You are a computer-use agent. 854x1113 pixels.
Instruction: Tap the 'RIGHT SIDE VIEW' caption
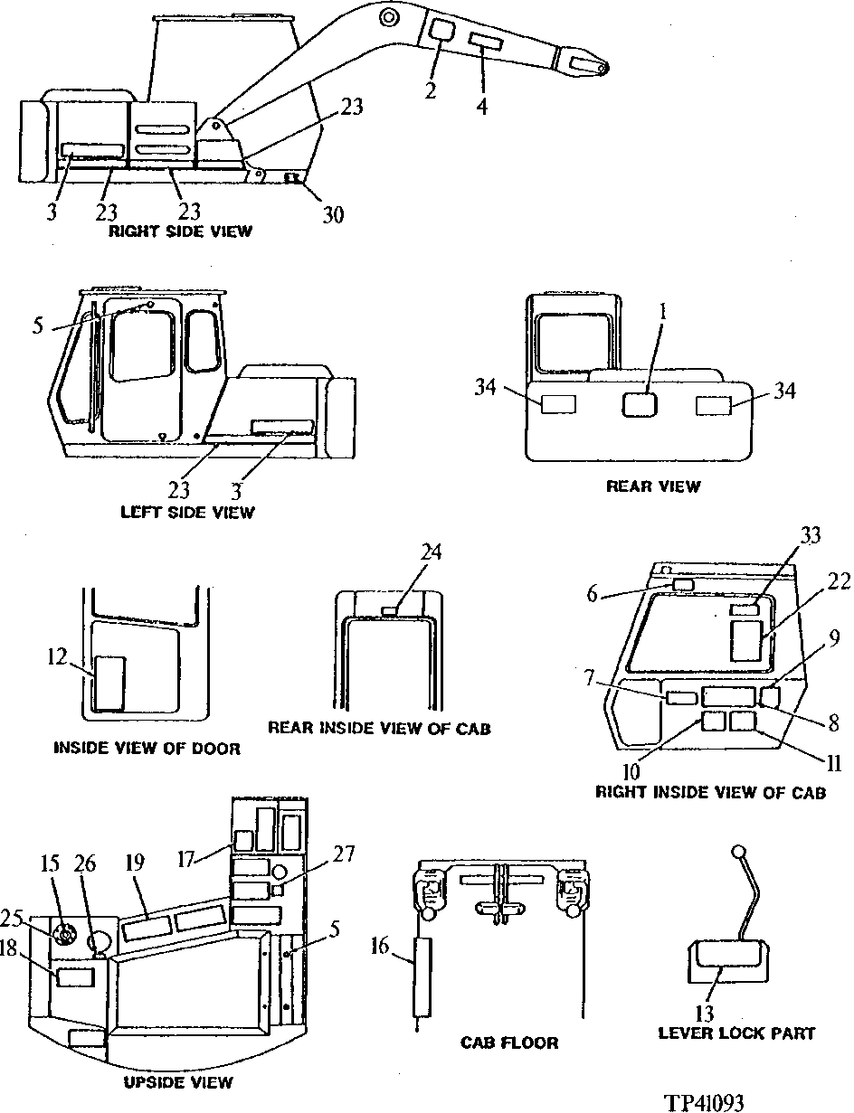pyautogui.click(x=180, y=231)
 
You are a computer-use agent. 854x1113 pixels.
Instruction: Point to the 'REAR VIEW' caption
pyautogui.click(x=652, y=486)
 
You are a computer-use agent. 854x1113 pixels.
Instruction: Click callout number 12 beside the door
pyautogui.click(x=58, y=656)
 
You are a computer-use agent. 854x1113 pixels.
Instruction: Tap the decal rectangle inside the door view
pyautogui.click(x=110, y=684)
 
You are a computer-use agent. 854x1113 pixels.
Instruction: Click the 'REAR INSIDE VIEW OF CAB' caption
pyautogui.click(x=379, y=728)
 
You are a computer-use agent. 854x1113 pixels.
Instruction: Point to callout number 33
pyautogui.click(x=810, y=536)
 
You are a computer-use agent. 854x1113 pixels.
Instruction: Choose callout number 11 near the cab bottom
pyautogui.click(x=833, y=764)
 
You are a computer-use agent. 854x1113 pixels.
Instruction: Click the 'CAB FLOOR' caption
pyautogui.click(x=508, y=1042)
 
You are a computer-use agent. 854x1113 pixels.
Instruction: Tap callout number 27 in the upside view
pyautogui.click(x=344, y=854)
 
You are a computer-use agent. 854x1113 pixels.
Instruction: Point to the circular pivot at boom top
pyautogui.click(x=387, y=16)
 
